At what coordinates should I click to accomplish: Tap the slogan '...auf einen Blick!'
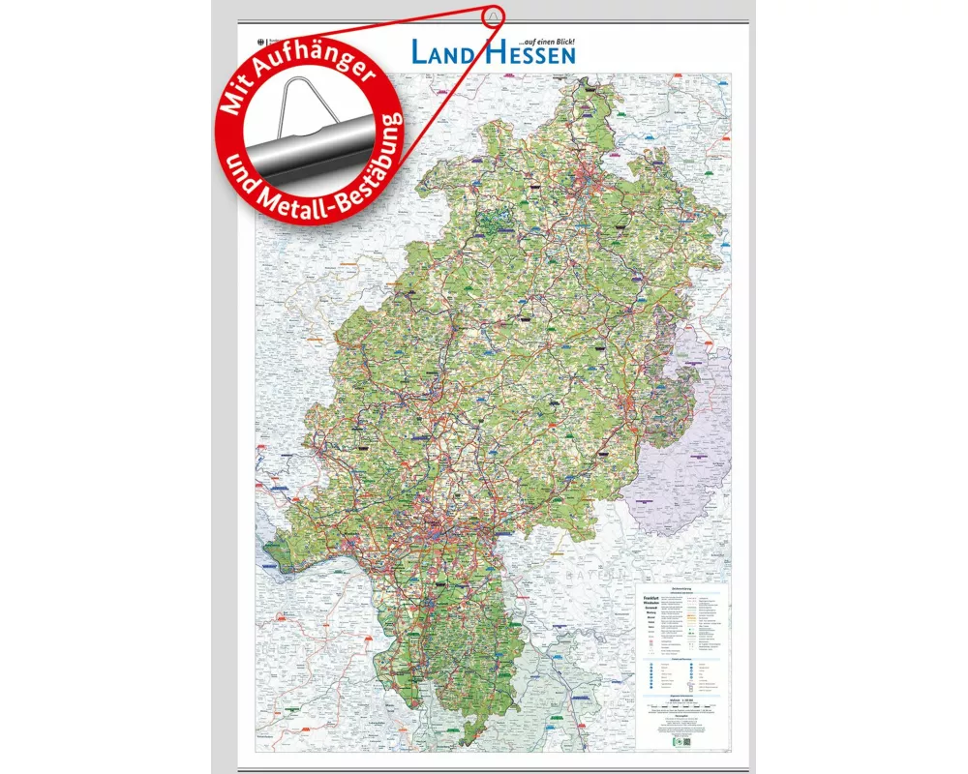coord(547,40)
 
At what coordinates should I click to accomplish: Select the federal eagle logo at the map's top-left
coord(258,42)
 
